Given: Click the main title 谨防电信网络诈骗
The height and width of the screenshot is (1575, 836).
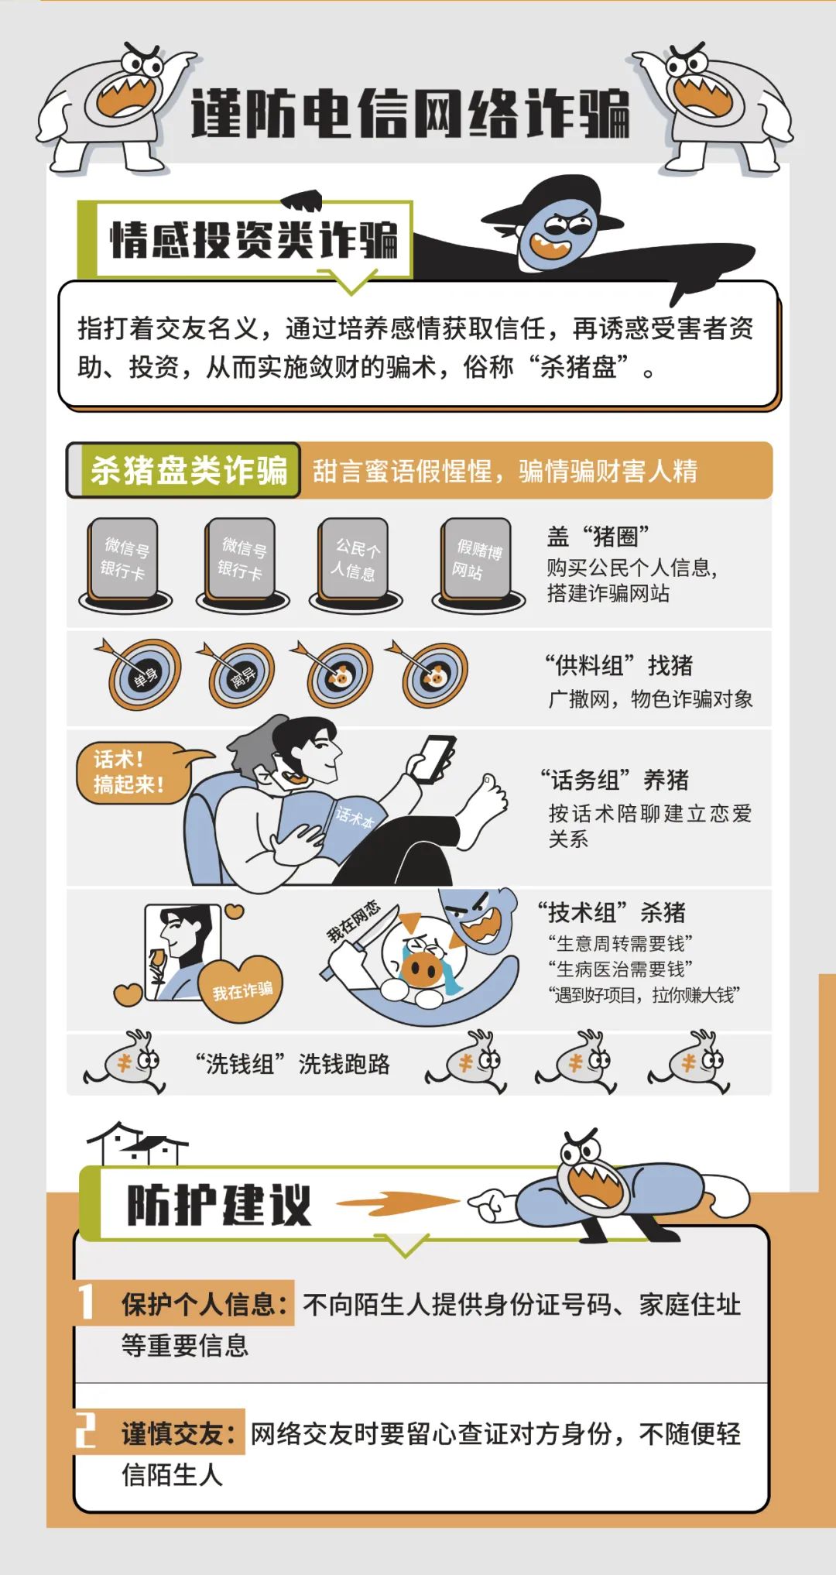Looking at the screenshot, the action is click(410, 113).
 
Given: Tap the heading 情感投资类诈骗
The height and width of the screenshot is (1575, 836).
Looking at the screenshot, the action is click(254, 239).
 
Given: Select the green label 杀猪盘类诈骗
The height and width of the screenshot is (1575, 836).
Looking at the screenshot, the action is click(189, 470).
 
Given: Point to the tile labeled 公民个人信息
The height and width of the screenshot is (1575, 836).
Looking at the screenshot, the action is click(354, 560).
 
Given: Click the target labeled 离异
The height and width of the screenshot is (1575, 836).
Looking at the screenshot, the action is click(241, 676).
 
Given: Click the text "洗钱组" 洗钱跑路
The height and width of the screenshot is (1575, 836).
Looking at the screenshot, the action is click(293, 1064).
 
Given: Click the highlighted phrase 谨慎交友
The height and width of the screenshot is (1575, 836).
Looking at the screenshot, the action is click(179, 1433).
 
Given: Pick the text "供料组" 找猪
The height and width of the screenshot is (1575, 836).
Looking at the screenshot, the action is click(618, 665).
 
